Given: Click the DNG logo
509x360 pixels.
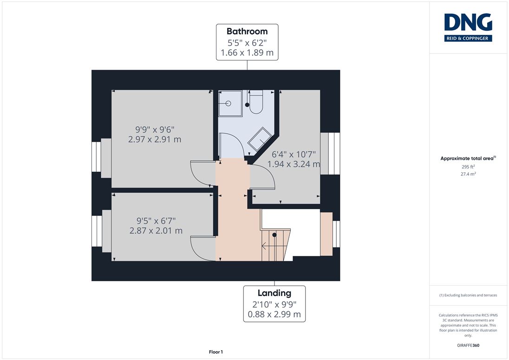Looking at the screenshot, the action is point(468,27).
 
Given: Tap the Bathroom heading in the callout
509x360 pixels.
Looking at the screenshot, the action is point(247,32).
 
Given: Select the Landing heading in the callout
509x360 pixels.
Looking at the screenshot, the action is point(274,293).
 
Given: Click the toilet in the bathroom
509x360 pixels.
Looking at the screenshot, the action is point(256,102).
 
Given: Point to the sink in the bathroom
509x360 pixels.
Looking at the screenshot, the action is point(230,104).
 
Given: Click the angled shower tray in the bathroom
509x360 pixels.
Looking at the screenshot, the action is point(260,139).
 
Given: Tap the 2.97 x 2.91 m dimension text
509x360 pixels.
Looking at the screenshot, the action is point(155,139).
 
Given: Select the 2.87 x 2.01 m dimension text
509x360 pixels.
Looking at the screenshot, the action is point(156,231).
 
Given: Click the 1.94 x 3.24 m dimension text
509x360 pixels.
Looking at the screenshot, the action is point(294,164).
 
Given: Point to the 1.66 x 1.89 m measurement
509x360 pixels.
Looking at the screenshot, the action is point(247,52).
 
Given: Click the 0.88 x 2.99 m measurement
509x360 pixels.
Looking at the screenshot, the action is point(274,314).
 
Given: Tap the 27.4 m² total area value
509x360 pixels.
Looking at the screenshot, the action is point(468,174).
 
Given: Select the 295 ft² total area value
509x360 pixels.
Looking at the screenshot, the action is point(468,167).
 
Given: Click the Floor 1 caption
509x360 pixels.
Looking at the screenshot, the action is point(216,352).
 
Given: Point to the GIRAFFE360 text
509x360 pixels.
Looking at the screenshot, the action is point(468,346).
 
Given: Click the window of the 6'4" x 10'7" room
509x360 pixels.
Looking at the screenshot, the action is point(330,154).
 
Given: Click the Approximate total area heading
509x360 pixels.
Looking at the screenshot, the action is point(468,158).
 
